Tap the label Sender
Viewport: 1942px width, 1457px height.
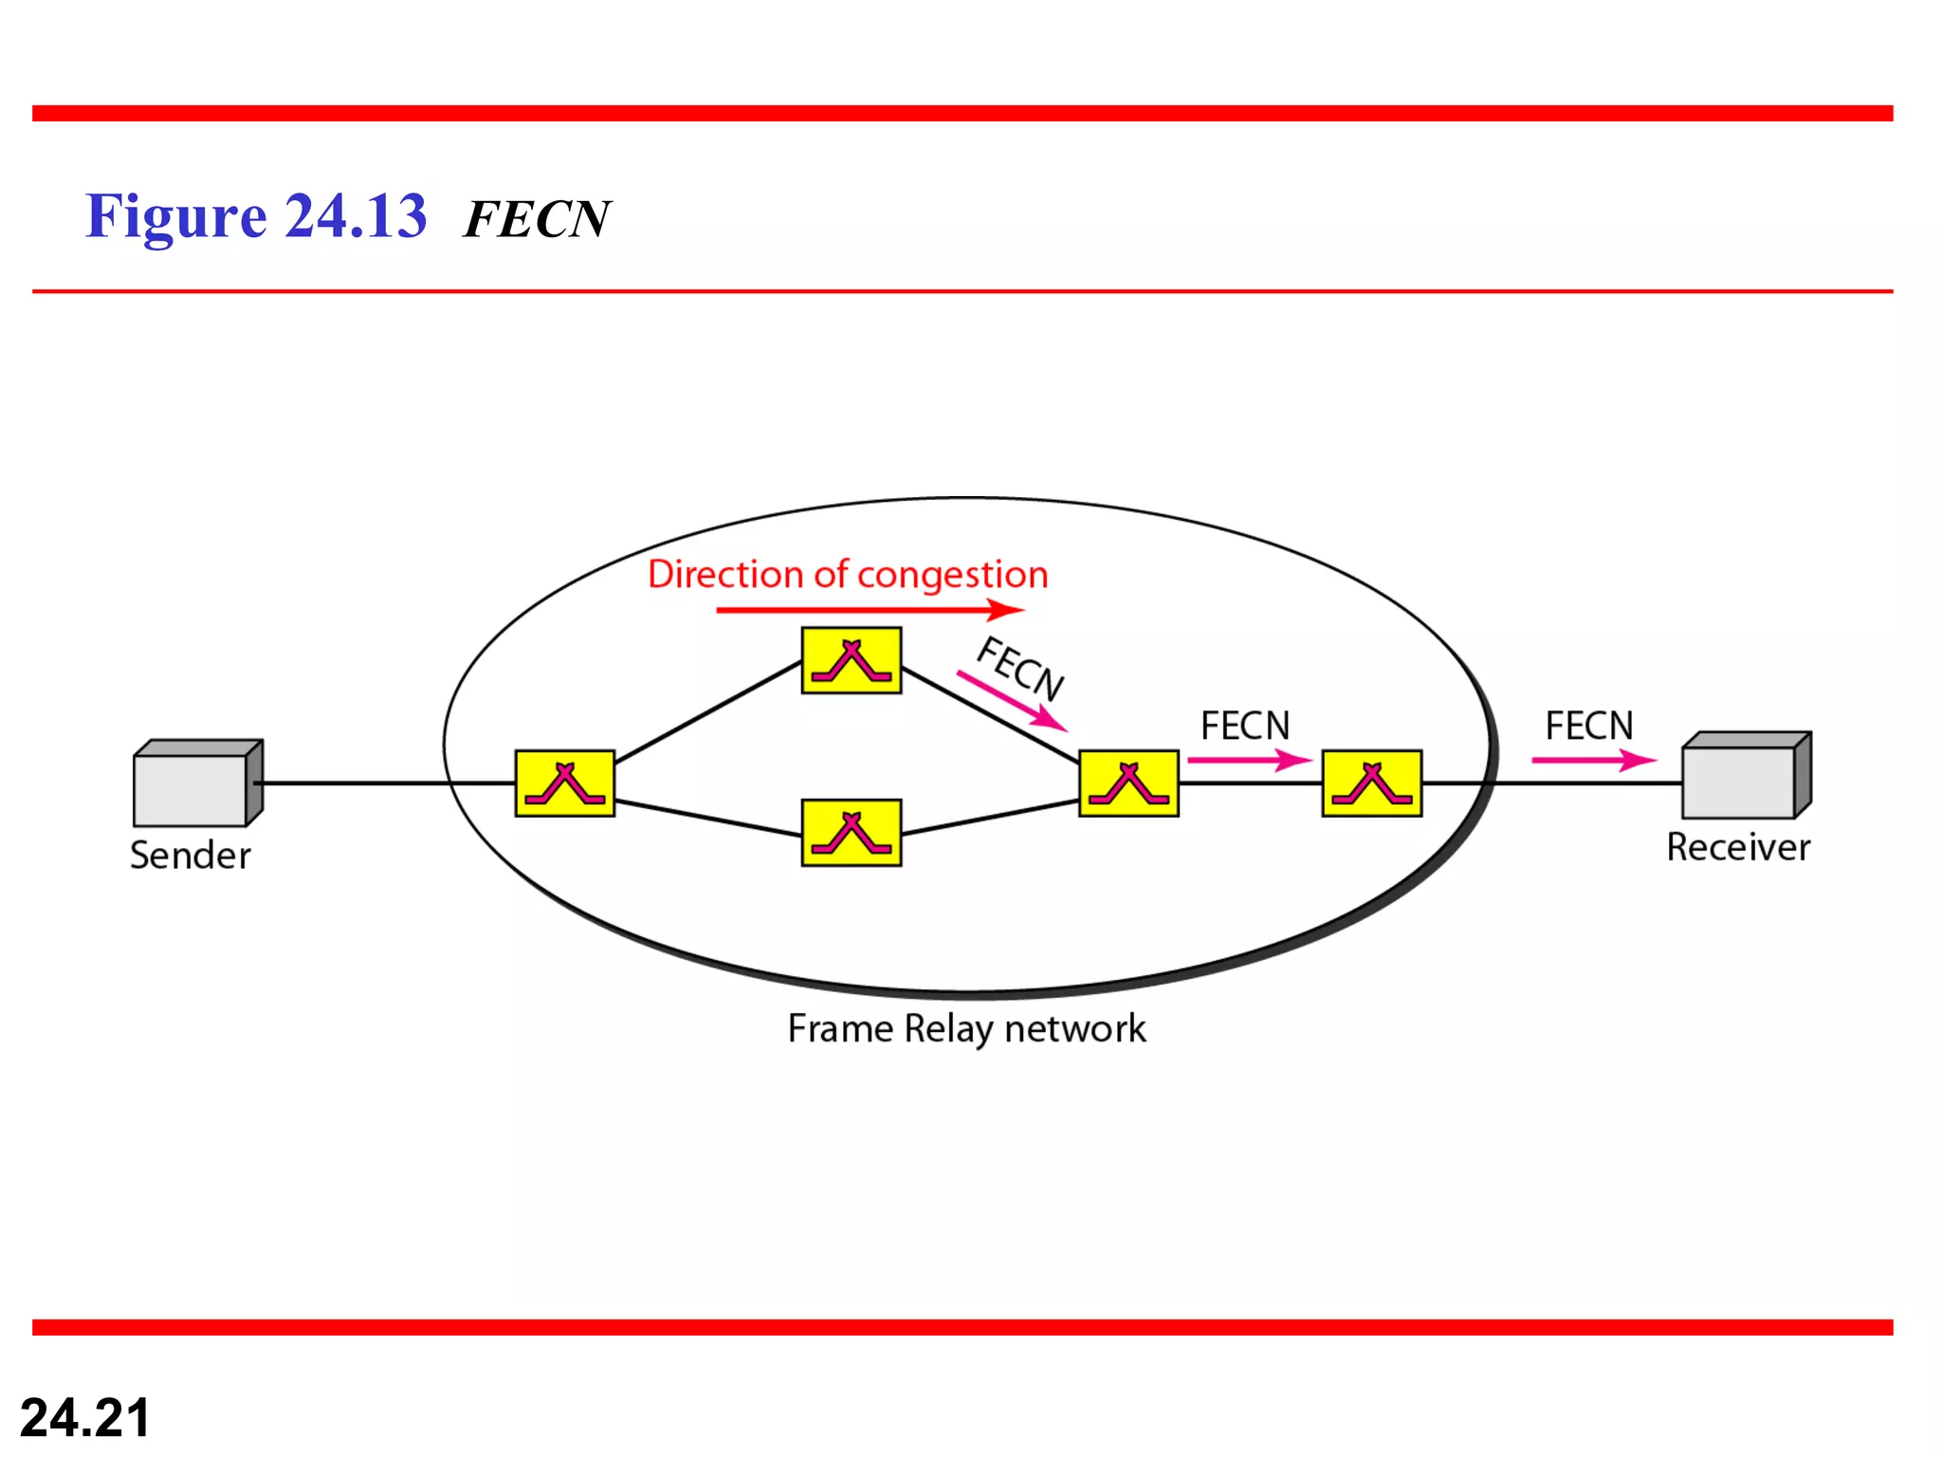click(x=190, y=856)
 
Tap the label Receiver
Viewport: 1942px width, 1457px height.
click(x=1737, y=847)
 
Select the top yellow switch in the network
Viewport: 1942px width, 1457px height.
click(x=851, y=660)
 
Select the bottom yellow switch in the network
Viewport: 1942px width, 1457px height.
click(x=851, y=833)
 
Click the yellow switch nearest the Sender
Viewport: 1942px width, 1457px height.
click(x=564, y=784)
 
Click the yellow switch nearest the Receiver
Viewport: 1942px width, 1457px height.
click(x=1371, y=784)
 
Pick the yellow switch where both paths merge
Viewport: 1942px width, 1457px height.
click(x=1128, y=784)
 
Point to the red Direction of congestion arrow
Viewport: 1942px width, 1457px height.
click(x=868, y=610)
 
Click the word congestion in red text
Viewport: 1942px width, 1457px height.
click(x=952, y=575)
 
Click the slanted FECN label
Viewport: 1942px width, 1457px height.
click(x=1020, y=668)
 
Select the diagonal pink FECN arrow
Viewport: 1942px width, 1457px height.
click(x=1011, y=702)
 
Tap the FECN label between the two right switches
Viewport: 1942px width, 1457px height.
click(x=1244, y=727)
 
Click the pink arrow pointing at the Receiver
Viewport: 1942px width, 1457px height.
click(x=1593, y=760)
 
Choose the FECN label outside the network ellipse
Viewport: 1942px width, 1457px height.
click(x=1588, y=727)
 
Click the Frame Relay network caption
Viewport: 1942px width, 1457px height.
click(x=966, y=1029)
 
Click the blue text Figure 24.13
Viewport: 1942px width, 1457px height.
click(x=256, y=216)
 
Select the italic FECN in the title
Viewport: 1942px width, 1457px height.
click(x=537, y=220)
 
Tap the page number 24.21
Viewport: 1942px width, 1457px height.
click(x=85, y=1418)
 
